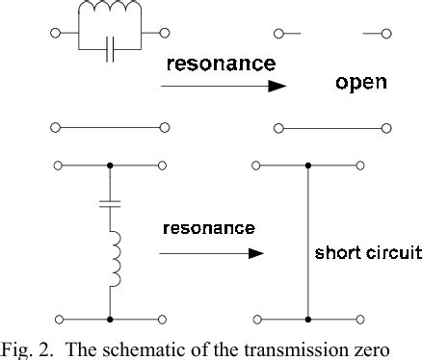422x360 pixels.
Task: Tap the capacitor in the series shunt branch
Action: (110, 205)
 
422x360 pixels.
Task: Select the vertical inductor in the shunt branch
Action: (113, 259)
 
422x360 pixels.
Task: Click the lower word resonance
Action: (209, 228)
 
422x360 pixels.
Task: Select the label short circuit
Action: (368, 254)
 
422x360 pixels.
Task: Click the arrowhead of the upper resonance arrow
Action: (277, 86)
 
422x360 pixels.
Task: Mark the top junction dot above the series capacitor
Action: (110, 166)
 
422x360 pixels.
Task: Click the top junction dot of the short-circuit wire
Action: (308, 166)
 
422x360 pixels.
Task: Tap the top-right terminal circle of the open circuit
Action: (386, 34)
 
